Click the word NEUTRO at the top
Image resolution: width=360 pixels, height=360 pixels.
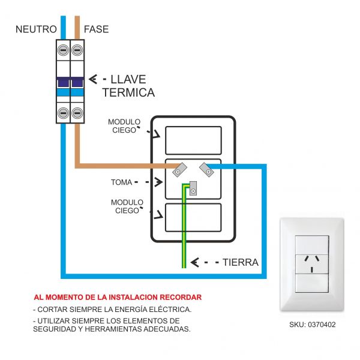pos(36,29)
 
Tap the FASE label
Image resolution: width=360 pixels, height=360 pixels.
pos(97,29)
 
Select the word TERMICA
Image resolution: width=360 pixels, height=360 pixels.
pos(128,93)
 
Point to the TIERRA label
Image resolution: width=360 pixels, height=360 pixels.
pos(240,263)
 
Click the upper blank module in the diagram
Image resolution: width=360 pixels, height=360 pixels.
pos(193,140)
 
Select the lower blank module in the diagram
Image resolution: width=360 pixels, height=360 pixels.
pos(193,217)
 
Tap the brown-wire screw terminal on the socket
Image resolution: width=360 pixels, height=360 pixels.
pos(179,171)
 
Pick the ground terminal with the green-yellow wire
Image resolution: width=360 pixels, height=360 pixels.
pos(193,190)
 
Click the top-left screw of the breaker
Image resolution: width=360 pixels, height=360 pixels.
pos(63,52)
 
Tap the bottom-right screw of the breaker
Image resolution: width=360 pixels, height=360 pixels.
pos(77,112)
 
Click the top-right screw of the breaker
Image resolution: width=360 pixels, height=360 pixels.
pos(77,52)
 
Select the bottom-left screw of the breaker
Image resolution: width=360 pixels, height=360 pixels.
pos(63,112)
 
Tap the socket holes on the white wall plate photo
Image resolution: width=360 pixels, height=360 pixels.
pos(311,263)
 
